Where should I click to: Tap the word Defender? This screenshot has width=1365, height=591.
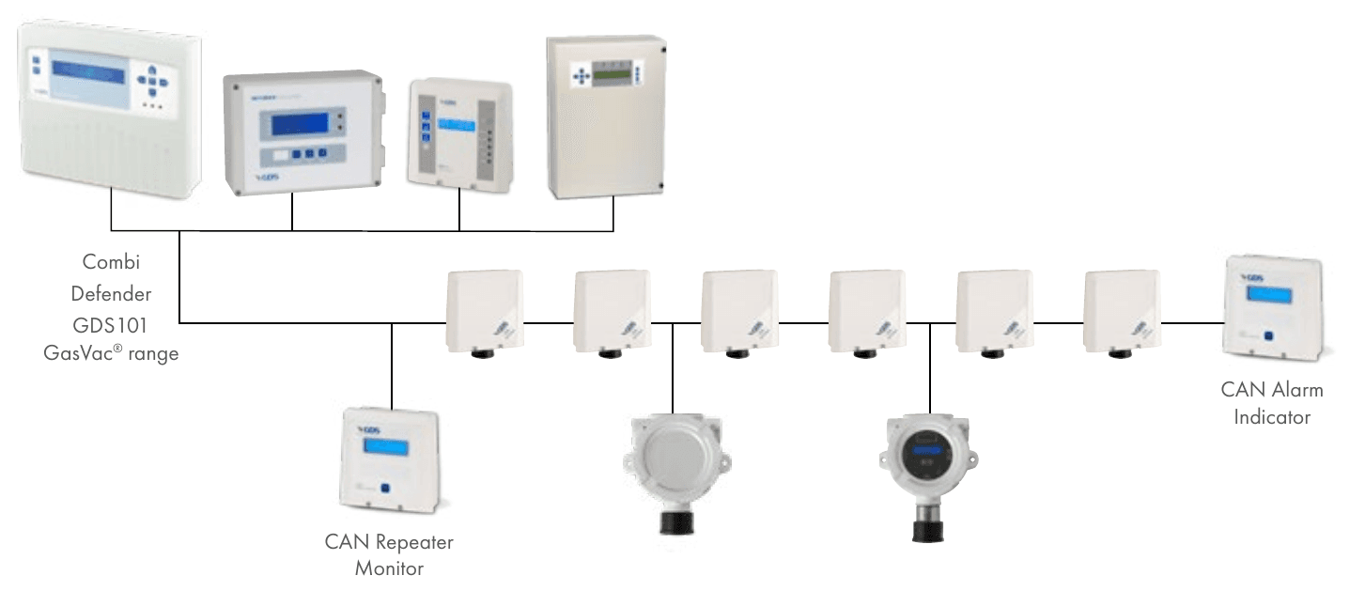pos(111,293)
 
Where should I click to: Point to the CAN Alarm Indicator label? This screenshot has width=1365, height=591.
pos(1271,403)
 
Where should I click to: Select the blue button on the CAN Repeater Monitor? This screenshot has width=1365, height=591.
pos(385,489)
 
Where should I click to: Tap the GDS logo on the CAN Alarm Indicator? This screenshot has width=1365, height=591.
pos(1255,278)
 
